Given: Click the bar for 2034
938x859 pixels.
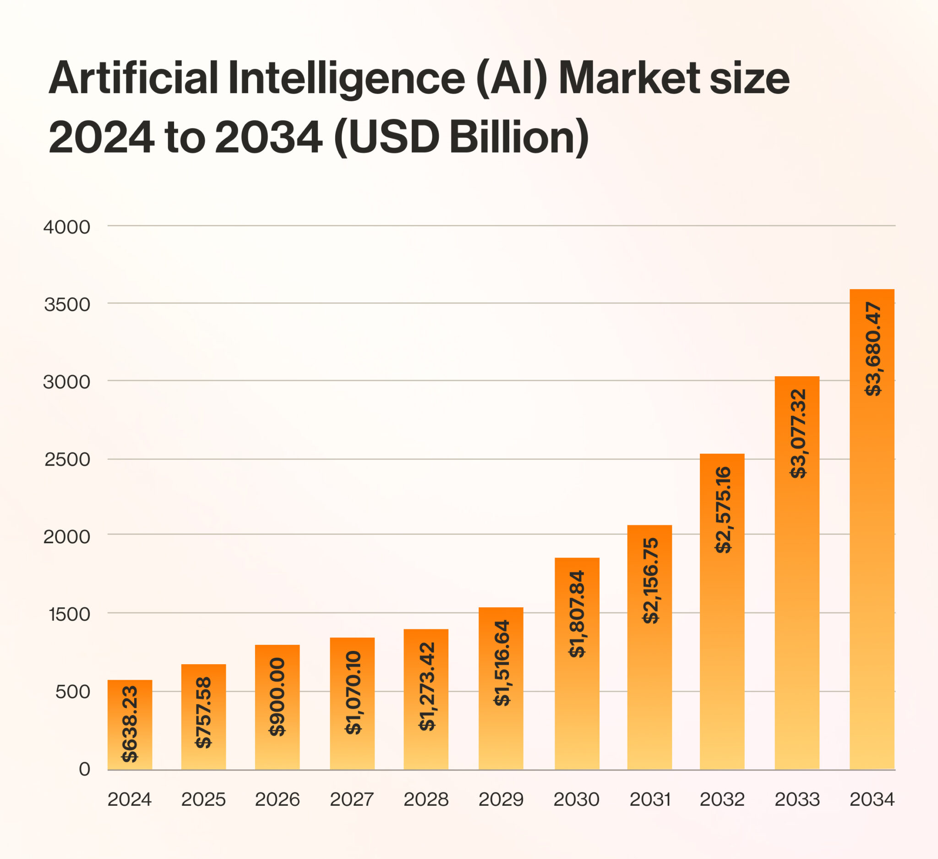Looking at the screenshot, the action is [872, 529].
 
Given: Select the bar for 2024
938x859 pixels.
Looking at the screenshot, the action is [130, 725].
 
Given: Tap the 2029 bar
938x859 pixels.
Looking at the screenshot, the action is [501, 688].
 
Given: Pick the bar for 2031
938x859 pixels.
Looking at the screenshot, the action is [649, 648].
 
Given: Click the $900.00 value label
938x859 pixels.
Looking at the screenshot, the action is [277, 697].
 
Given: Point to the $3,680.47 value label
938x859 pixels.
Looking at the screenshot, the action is [873, 349].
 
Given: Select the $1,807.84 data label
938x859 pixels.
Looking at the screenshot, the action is [577, 614].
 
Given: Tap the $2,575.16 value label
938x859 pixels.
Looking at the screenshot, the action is [723, 509].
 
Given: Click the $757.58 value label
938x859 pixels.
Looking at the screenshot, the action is [203, 712].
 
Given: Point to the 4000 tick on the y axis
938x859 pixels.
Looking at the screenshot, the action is [67, 227].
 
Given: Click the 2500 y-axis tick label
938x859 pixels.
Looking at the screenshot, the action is [67, 460].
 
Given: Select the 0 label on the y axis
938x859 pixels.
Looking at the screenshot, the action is [85, 769].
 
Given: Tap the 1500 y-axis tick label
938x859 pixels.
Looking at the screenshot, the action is [70, 615].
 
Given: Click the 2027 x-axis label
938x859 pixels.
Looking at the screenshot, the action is [352, 800].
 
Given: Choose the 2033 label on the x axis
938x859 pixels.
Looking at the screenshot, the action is [797, 800].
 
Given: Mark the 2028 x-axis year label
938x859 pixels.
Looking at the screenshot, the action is [426, 800].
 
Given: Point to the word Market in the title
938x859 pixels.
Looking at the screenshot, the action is [629, 78].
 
